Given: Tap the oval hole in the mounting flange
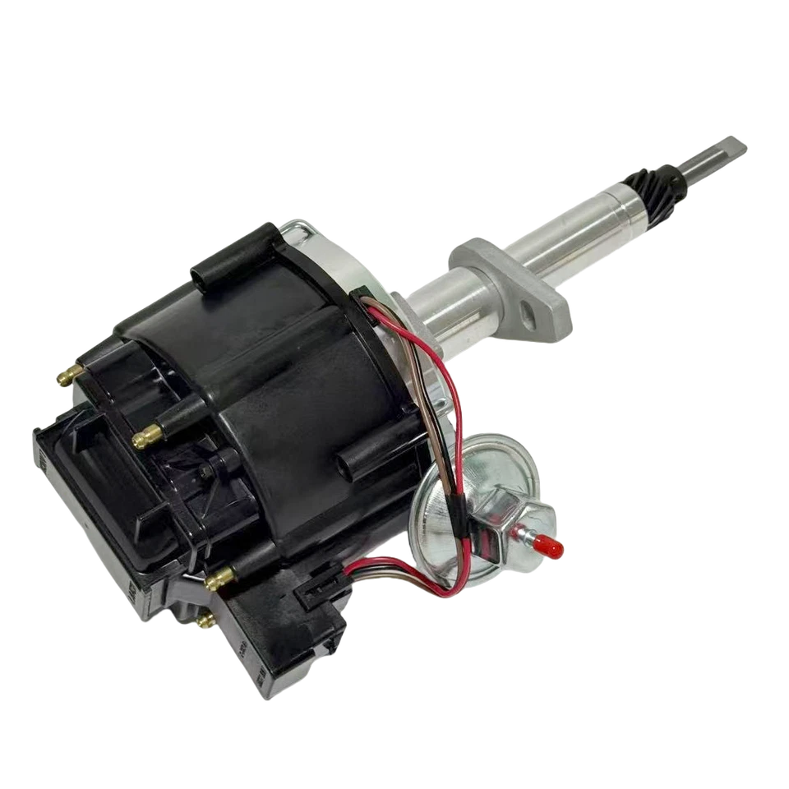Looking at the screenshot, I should pyautogui.click(x=526, y=311).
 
